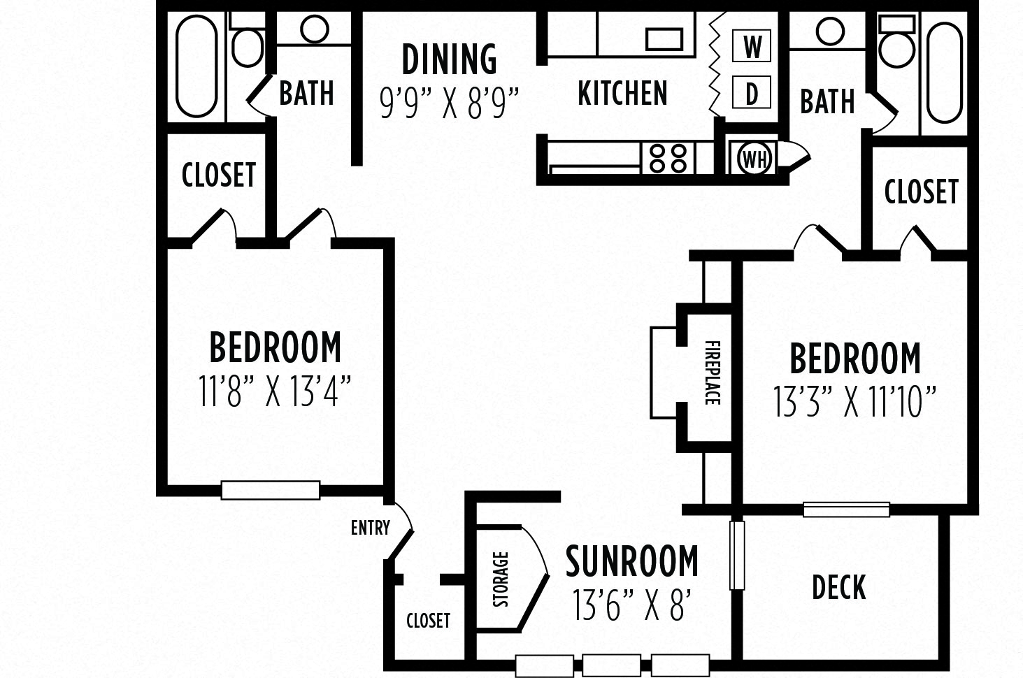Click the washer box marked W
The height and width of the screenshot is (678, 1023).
click(x=752, y=48)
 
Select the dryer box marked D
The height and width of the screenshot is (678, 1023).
click(x=752, y=94)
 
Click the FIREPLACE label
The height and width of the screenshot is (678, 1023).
click(x=712, y=373)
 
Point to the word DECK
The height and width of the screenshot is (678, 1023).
click(x=838, y=587)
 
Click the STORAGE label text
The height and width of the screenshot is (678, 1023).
click(x=501, y=579)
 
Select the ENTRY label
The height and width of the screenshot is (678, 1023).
click(x=370, y=527)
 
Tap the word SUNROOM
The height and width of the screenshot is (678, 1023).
click(x=631, y=561)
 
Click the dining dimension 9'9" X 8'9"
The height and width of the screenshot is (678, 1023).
click(x=449, y=103)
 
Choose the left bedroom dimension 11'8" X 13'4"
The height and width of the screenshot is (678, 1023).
click(x=274, y=391)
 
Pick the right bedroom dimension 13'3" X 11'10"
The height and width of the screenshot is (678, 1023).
click(x=854, y=402)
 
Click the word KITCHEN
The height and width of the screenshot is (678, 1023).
click(x=622, y=94)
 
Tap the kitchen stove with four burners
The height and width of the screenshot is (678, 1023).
click(x=668, y=157)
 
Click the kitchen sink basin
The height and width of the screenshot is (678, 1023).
click(x=664, y=39)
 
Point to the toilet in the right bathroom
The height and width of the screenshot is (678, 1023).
click(x=896, y=43)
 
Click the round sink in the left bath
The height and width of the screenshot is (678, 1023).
click(x=314, y=29)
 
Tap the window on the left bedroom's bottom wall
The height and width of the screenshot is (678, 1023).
click(x=271, y=490)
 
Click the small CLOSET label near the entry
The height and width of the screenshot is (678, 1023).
click(x=428, y=620)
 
